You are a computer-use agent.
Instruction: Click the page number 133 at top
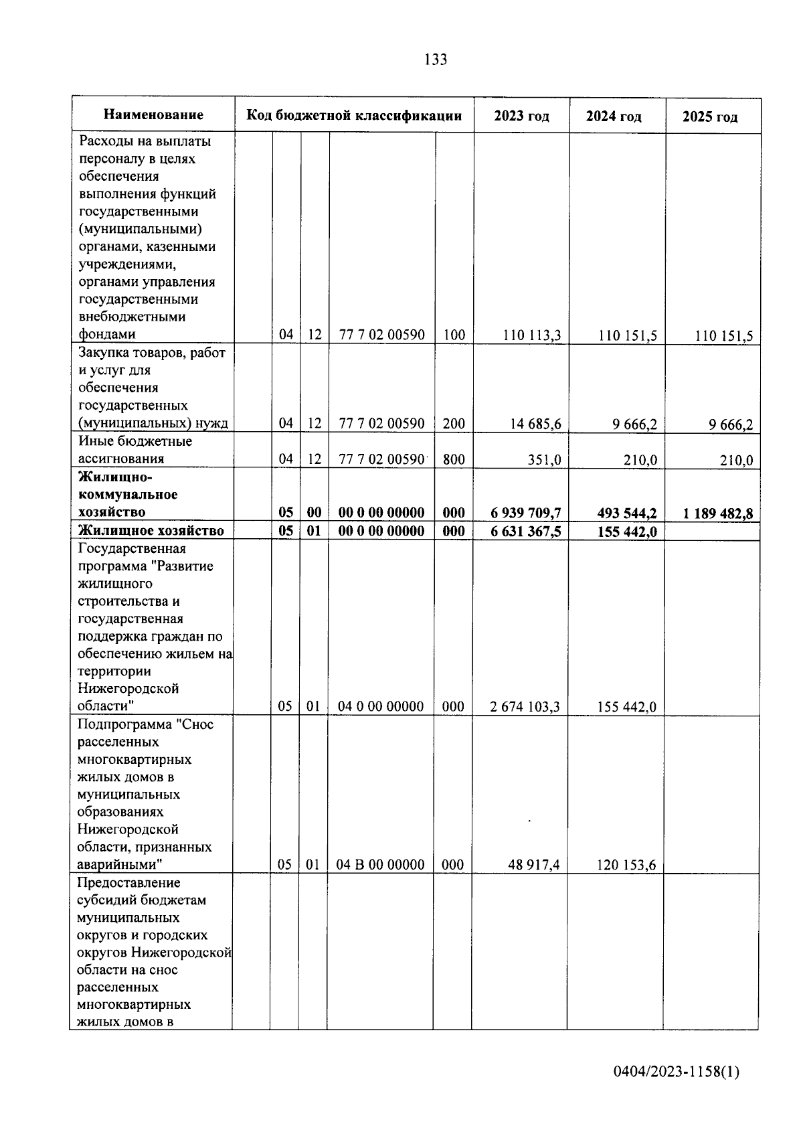coord(436,60)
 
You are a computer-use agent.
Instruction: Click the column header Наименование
coord(153,115)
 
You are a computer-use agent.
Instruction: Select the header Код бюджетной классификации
coord(354,115)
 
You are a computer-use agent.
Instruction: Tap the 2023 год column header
coord(521,116)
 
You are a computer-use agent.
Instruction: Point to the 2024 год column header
coord(614,116)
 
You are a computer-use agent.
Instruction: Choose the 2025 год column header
coord(710,117)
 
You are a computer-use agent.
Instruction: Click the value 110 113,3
coord(531,335)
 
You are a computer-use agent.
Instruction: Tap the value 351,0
coord(545,460)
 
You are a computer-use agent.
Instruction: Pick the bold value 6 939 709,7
coord(525,513)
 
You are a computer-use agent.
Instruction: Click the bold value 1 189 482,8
coord(717,514)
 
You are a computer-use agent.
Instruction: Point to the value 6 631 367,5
coord(525,532)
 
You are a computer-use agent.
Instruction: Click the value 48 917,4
coord(534,865)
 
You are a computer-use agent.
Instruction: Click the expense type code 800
coord(454,460)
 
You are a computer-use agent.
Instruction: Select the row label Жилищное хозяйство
coord(151,531)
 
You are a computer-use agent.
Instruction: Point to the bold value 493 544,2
coord(627,513)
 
